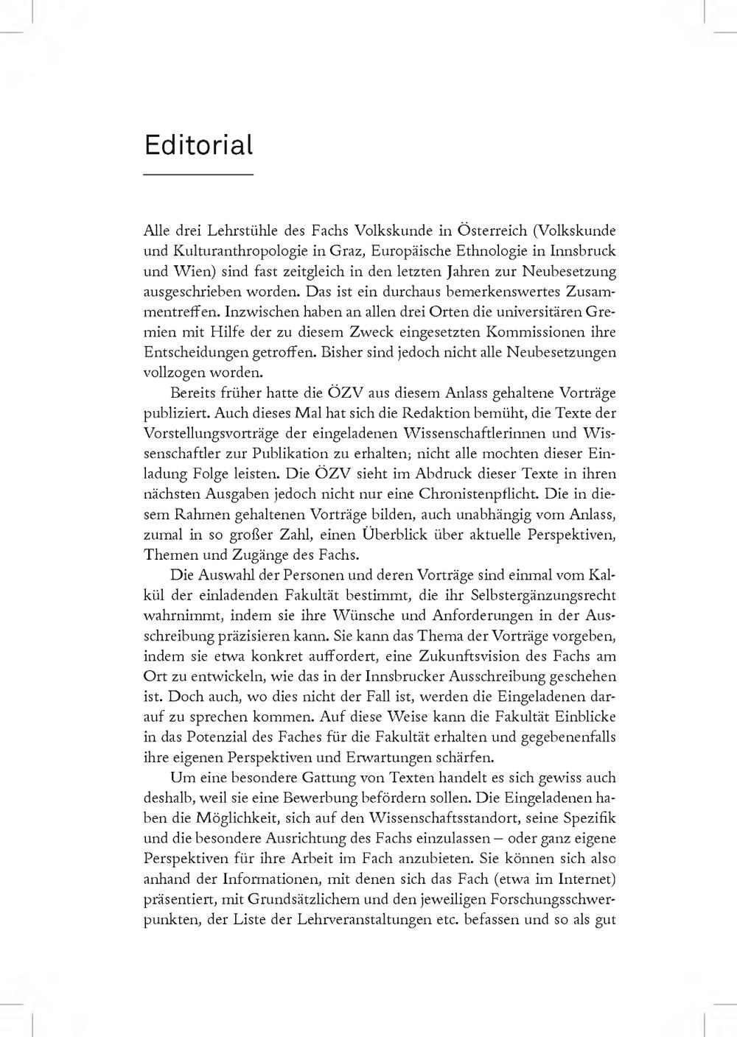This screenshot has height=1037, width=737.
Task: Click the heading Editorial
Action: pos(198,145)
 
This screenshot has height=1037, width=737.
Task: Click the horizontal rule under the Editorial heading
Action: pos(198,175)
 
